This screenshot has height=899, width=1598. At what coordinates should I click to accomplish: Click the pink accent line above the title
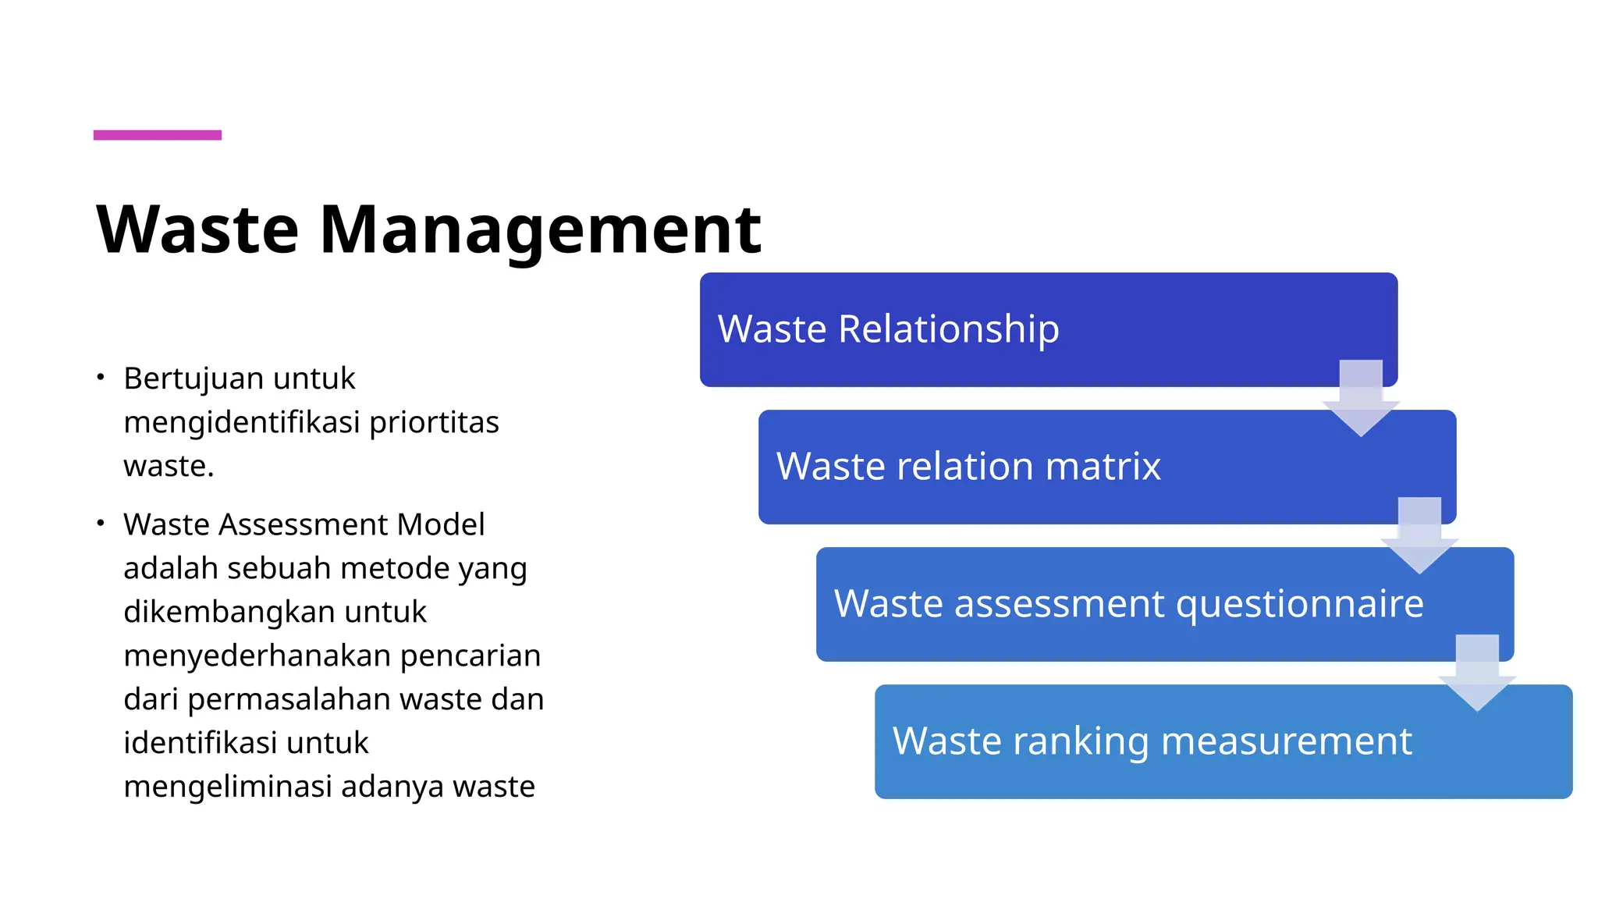(x=157, y=135)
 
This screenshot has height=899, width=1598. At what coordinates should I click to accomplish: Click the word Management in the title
(x=540, y=229)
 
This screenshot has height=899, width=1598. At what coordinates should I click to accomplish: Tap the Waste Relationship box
(x=1014, y=329)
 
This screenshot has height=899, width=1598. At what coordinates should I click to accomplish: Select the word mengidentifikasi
(x=242, y=422)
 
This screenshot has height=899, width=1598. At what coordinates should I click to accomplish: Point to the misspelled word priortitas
(x=434, y=422)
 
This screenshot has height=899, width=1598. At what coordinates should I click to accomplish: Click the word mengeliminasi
(x=228, y=787)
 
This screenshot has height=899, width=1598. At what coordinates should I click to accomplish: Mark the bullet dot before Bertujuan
(x=101, y=378)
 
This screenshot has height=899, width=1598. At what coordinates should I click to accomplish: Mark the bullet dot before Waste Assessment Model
(x=101, y=524)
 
